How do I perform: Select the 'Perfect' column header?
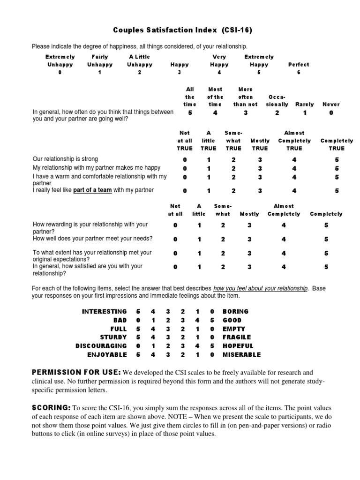(299, 65)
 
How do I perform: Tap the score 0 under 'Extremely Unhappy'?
(60, 73)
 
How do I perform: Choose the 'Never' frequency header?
(331, 105)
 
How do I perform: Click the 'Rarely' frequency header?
(304, 105)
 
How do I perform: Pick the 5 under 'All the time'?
(190, 113)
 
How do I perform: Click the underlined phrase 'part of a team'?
(92, 190)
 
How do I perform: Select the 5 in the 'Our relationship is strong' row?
(337, 159)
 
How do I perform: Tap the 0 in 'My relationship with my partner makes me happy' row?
(185, 168)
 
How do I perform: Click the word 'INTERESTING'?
(104, 311)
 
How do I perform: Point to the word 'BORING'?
(236, 311)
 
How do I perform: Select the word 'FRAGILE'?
(237, 337)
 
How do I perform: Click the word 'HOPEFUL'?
(238, 346)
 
